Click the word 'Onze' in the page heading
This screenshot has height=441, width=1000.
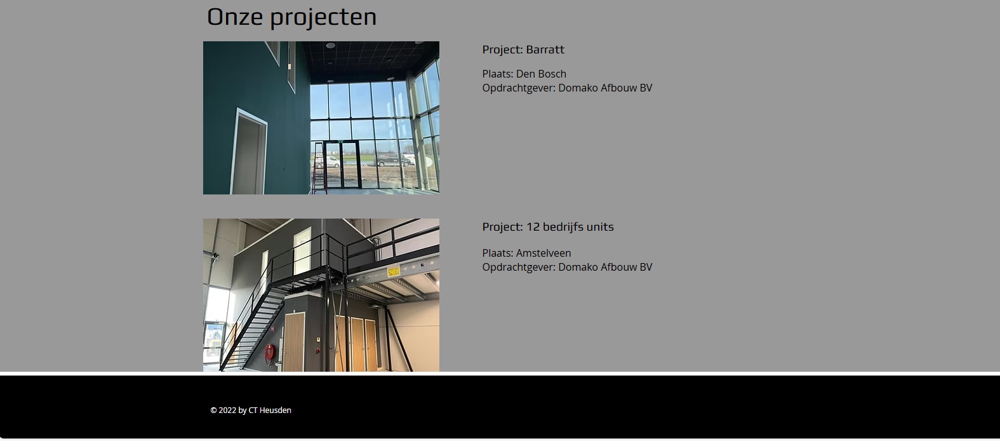(235, 17)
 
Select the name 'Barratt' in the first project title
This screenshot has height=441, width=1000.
(545, 50)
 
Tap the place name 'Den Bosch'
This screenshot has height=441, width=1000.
(541, 74)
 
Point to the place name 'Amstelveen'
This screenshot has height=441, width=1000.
(543, 253)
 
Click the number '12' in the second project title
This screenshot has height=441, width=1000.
(533, 227)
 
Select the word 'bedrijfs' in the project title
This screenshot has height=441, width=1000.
(563, 227)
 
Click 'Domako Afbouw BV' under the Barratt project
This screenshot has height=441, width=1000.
(605, 88)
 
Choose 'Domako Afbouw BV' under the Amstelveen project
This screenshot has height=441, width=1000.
(605, 267)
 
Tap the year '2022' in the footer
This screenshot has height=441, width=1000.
(227, 410)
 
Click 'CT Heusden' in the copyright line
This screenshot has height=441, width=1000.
(270, 410)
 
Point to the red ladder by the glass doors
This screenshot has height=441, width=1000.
(319, 168)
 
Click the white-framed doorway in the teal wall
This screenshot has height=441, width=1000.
(249, 153)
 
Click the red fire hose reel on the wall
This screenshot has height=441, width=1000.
(269, 353)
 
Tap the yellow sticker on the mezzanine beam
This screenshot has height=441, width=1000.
(393, 271)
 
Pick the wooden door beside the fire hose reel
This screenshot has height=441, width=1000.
(294, 341)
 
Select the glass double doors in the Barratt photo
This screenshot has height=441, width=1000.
(342, 165)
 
